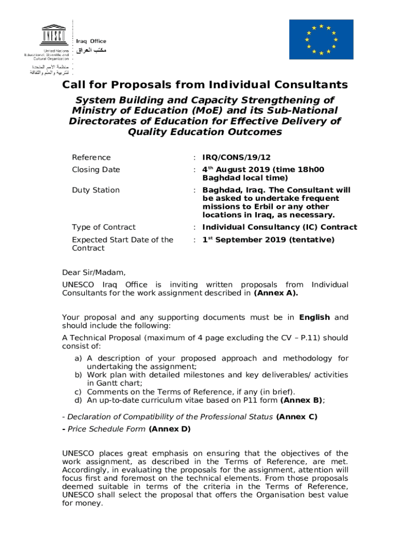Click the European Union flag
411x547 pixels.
321,40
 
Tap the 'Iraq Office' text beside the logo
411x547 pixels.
91,41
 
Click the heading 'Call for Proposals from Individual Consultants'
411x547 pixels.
205,85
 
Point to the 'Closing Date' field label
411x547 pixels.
96,169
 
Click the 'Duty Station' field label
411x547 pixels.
96,190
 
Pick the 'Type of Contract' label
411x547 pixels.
104,227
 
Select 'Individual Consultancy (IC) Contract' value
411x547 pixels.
280,227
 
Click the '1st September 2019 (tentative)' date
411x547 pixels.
268,240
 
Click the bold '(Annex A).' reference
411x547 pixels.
276,293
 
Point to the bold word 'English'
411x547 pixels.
314,317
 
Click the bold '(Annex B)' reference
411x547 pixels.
302,400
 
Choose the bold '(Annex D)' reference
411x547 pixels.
169,429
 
